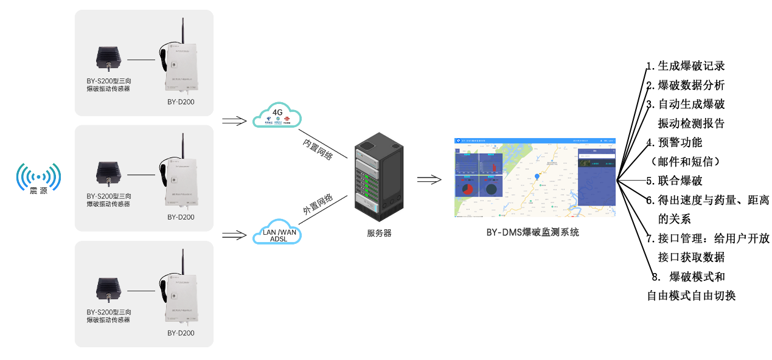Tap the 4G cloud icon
pyautogui.click(x=277, y=115)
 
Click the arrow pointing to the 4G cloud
pyautogui.click(x=233, y=120)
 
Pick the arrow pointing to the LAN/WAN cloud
pyautogui.click(x=233, y=234)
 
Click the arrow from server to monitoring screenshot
pyautogui.click(x=428, y=179)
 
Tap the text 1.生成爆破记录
pyautogui.click(x=686, y=66)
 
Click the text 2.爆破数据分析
pyautogui.click(x=686, y=85)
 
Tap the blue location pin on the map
pyautogui.click(x=537, y=176)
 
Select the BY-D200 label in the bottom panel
pyautogui.click(x=181, y=333)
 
